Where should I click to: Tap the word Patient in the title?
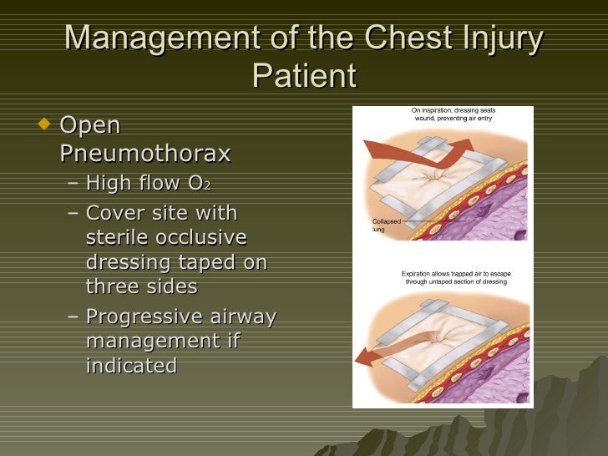coord(303,76)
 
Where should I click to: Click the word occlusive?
coord(206,237)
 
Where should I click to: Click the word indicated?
coord(131,365)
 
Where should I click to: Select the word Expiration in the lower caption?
coord(422,273)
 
